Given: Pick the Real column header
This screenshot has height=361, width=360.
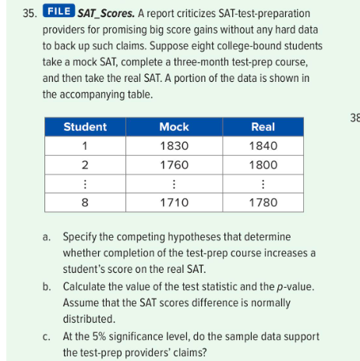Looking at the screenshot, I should (262, 126).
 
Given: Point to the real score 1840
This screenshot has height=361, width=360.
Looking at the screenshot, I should (262, 145).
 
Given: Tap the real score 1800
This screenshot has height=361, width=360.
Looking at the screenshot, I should (262, 165).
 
